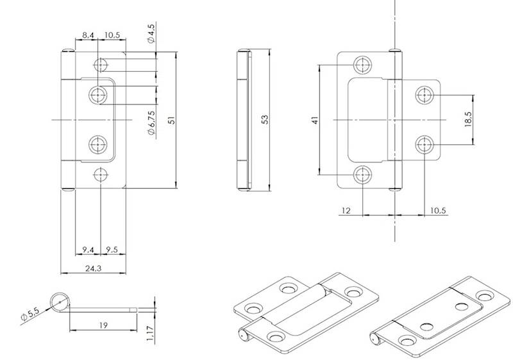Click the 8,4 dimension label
coord(89,34)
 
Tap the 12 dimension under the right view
coord(347,210)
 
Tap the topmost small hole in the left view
coord(100,65)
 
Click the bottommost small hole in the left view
coord(100,174)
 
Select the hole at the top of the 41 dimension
coord(363,65)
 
